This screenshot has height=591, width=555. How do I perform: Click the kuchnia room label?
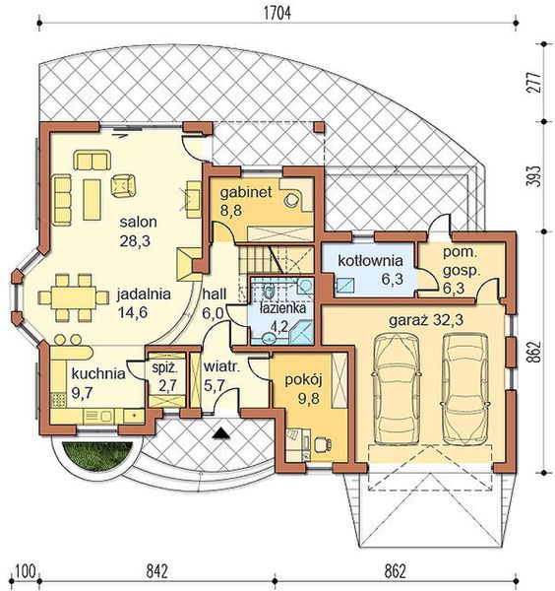(97, 373)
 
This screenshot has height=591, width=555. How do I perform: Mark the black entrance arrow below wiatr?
(224, 430)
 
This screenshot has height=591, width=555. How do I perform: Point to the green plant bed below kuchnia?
(93, 456)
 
